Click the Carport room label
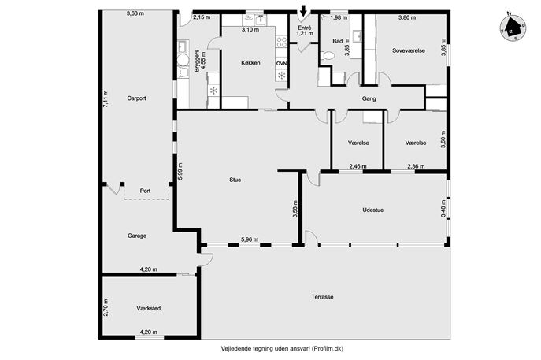click(136, 98)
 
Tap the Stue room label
click(235, 180)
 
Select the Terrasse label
click(322, 297)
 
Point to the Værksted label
click(148, 308)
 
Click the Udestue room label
click(373, 210)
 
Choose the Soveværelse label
click(409, 50)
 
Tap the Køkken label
click(250, 63)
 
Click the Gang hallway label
click(369, 98)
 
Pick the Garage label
click(137, 236)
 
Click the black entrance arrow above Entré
click(303, 11)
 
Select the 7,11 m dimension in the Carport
click(106, 99)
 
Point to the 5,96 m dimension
click(250, 239)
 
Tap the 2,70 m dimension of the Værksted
click(106, 308)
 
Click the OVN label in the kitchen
click(281, 64)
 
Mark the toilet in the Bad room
click(328, 55)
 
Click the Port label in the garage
click(145, 191)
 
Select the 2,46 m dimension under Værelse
click(358, 166)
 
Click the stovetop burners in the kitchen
click(282, 42)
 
